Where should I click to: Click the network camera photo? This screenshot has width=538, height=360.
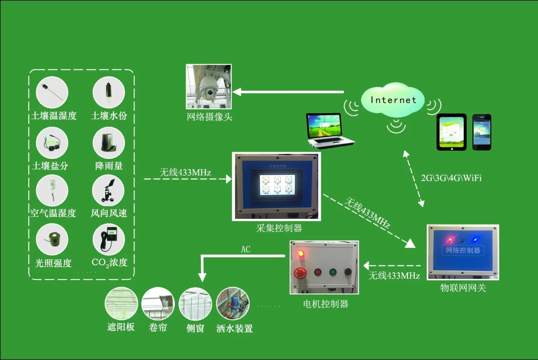(x=209, y=87)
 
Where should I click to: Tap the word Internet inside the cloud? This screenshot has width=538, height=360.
(x=393, y=100)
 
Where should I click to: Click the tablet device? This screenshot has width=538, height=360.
(x=451, y=132)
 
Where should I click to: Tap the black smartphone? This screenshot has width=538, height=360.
(x=482, y=132)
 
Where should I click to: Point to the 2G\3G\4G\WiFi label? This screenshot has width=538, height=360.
(x=451, y=178)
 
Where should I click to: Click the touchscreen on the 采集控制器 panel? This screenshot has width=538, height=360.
(x=277, y=184)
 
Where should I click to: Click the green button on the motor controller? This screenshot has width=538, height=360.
(x=332, y=272)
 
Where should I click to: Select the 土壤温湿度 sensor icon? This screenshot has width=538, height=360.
(x=52, y=92)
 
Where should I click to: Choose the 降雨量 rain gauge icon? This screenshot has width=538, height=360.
(x=109, y=143)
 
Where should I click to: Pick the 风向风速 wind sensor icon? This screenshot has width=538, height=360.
(x=108, y=191)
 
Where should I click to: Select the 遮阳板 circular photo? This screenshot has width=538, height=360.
(x=121, y=304)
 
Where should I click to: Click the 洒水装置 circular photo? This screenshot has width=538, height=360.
(x=233, y=304)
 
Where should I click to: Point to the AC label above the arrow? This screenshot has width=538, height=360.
(x=246, y=249)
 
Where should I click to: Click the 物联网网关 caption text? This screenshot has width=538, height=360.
(x=463, y=288)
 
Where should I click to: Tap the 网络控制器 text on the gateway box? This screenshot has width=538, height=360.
(x=463, y=250)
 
